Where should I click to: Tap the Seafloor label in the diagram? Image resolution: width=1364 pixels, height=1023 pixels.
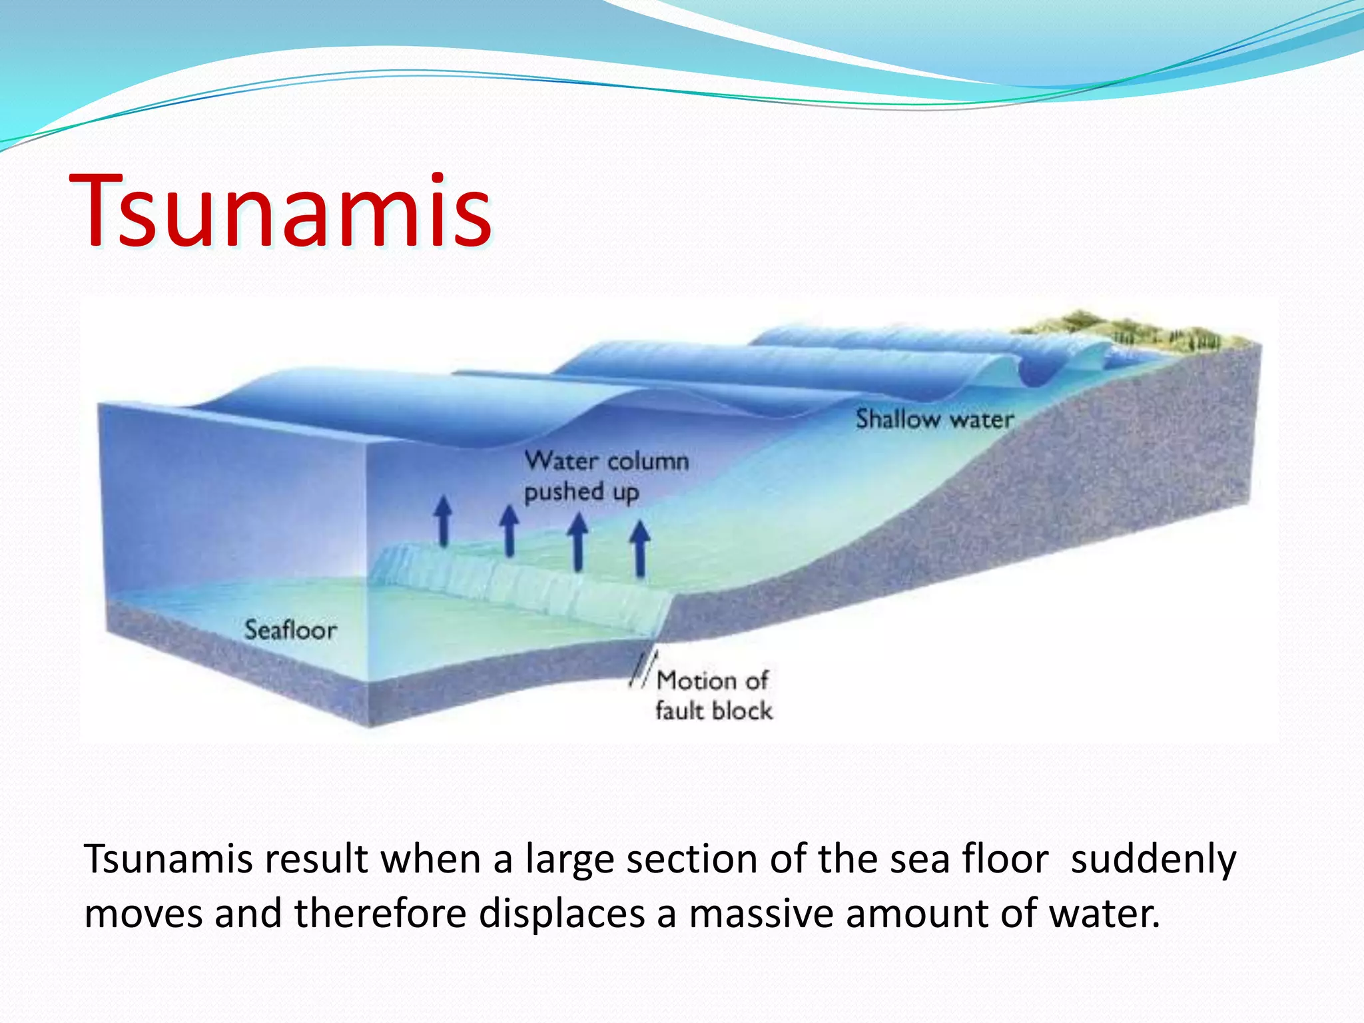coord(290,629)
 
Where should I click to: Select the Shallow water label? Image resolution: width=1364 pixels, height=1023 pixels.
coord(934,419)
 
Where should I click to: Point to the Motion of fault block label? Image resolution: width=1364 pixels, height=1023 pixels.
coord(713,695)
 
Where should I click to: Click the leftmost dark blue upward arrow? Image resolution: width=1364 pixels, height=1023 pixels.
coord(443,521)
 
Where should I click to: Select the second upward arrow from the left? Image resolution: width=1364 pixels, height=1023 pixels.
coord(510,530)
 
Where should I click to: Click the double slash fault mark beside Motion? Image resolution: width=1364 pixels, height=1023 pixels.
coord(641,670)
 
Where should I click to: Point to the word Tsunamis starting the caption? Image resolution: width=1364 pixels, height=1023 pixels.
coord(169,859)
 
